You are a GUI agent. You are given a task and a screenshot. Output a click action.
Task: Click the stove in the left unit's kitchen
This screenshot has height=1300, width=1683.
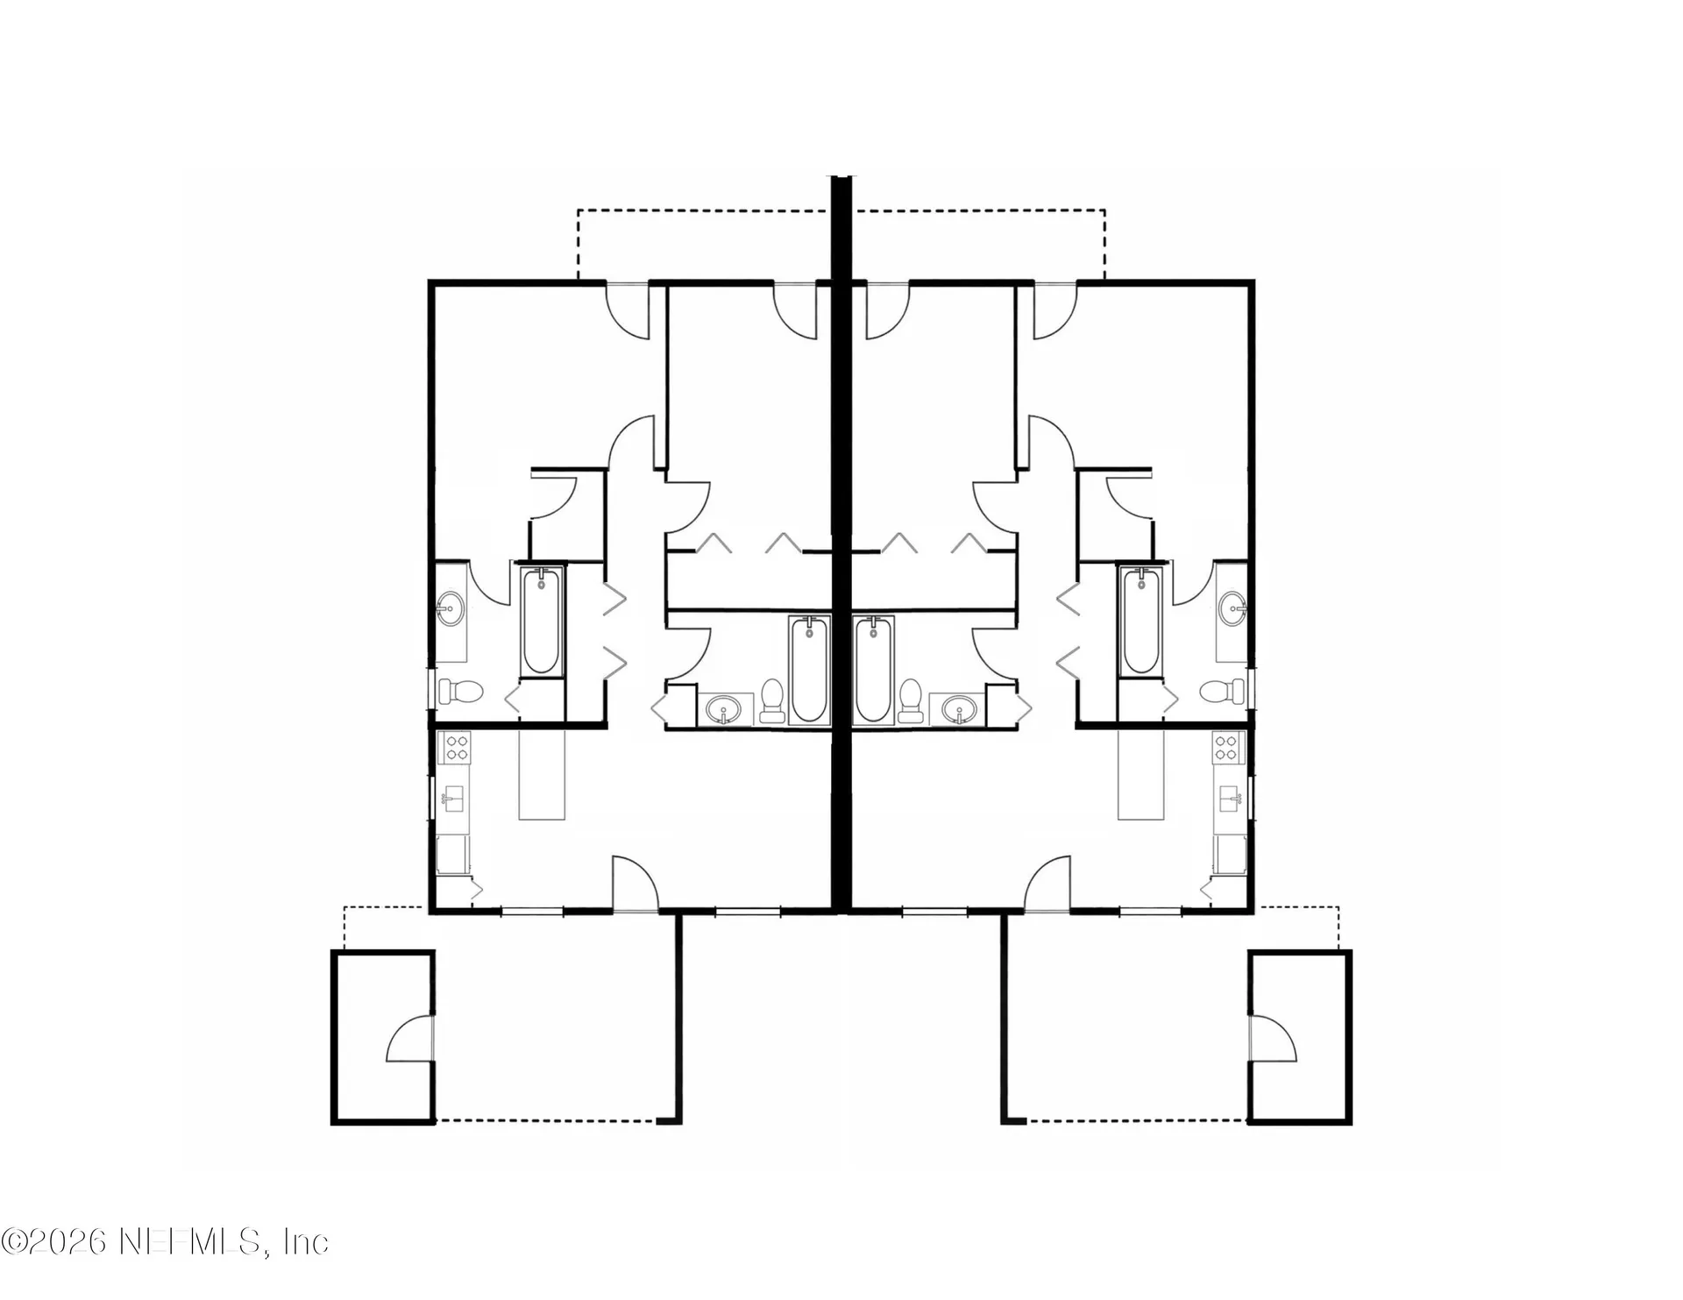click(458, 747)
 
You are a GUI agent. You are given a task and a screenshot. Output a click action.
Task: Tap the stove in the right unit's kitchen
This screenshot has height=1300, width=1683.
click(1225, 747)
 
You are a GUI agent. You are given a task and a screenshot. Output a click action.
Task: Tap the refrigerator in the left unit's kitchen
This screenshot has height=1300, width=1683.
click(453, 854)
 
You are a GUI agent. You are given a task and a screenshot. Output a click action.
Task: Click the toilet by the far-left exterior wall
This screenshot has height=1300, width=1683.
click(460, 692)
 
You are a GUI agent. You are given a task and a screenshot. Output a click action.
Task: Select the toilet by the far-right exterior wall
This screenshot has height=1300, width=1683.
click(1223, 692)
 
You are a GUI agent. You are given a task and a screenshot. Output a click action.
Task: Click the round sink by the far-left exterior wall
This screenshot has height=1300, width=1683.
click(451, 607)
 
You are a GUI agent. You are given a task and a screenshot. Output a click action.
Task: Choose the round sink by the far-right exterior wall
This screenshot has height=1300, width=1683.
click(1232, 607)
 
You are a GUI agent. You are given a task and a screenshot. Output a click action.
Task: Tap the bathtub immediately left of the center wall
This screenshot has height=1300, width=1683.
click(808, 671)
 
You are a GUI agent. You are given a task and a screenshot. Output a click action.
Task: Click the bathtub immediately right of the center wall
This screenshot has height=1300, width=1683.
click(875, 671)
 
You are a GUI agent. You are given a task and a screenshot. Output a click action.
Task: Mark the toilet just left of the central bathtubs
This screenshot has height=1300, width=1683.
click(772, 701)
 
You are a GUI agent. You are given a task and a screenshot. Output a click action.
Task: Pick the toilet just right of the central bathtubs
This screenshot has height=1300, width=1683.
click(911, 701)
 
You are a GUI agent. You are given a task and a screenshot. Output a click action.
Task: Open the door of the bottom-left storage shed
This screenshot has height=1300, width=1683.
click(409, 1040)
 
